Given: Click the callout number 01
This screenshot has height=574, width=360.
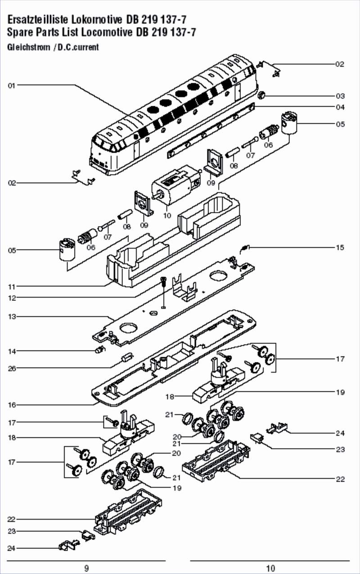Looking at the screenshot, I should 12,85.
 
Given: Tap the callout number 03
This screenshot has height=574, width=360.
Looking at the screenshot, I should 340,96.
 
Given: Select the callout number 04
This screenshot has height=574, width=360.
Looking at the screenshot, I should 340,107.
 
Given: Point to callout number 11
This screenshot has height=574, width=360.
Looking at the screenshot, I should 12,286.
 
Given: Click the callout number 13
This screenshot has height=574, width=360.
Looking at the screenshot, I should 12,316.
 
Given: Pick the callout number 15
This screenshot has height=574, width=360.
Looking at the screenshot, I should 340,247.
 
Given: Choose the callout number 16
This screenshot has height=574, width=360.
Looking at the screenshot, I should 12,405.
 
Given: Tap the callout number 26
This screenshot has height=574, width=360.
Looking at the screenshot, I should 12,368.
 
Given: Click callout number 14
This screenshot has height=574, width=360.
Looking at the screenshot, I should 12,351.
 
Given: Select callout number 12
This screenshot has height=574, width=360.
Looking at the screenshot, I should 12,298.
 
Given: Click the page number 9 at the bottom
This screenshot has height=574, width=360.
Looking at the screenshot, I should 86,568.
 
